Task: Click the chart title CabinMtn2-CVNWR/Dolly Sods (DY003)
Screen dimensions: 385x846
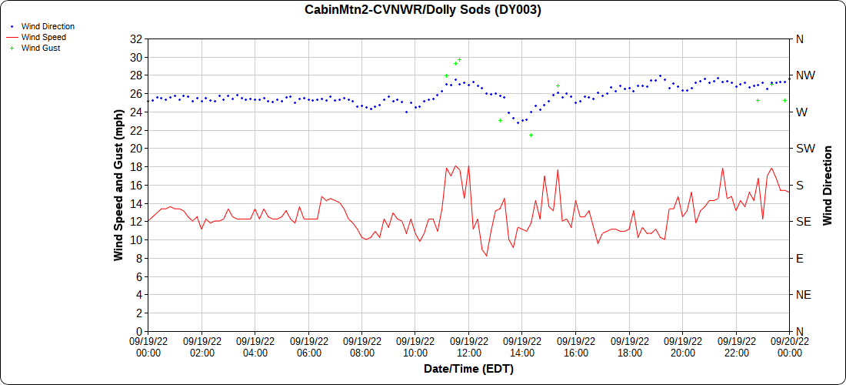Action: (x=423, y=10)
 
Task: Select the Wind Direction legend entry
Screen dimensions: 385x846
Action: (x=48, y=26)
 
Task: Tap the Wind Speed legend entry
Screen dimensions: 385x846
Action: (x=43, y=37)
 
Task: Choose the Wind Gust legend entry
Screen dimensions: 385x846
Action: (x=41, y=48)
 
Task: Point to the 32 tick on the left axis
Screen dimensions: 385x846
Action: (x=136, y=39)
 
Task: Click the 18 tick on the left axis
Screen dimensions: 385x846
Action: (x=136, y=167)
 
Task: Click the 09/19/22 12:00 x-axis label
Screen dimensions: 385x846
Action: (x=468, y=346)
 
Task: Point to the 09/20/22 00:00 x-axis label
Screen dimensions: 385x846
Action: (x=789, y=346)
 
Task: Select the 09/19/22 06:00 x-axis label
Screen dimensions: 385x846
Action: (x=308, y=346)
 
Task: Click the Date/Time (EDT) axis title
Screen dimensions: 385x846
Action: (x=468, y=369)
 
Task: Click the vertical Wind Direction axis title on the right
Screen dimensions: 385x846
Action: (x=828, y=185)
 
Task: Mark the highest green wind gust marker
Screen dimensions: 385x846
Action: (x=459, y=59)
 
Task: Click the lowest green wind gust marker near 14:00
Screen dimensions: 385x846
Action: (x=531, y=135)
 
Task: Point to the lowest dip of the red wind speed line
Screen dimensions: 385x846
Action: (x=486, y=256)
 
